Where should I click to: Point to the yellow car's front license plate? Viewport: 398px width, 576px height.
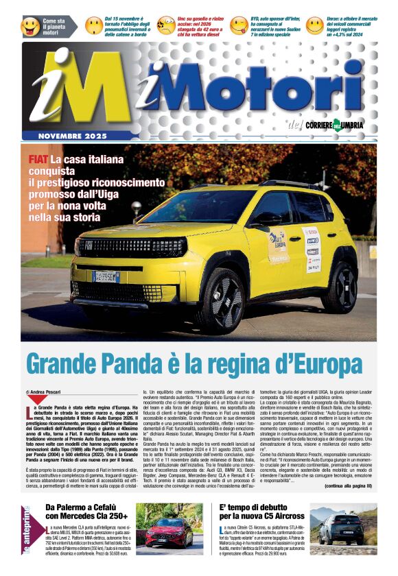click(x=106, y=276)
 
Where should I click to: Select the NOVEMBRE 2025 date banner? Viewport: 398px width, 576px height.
click(x=72, y=136)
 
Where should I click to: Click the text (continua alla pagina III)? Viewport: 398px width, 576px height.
click(x=348, y=485)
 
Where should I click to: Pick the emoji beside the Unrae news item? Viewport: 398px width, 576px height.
click(x=314, y=26)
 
